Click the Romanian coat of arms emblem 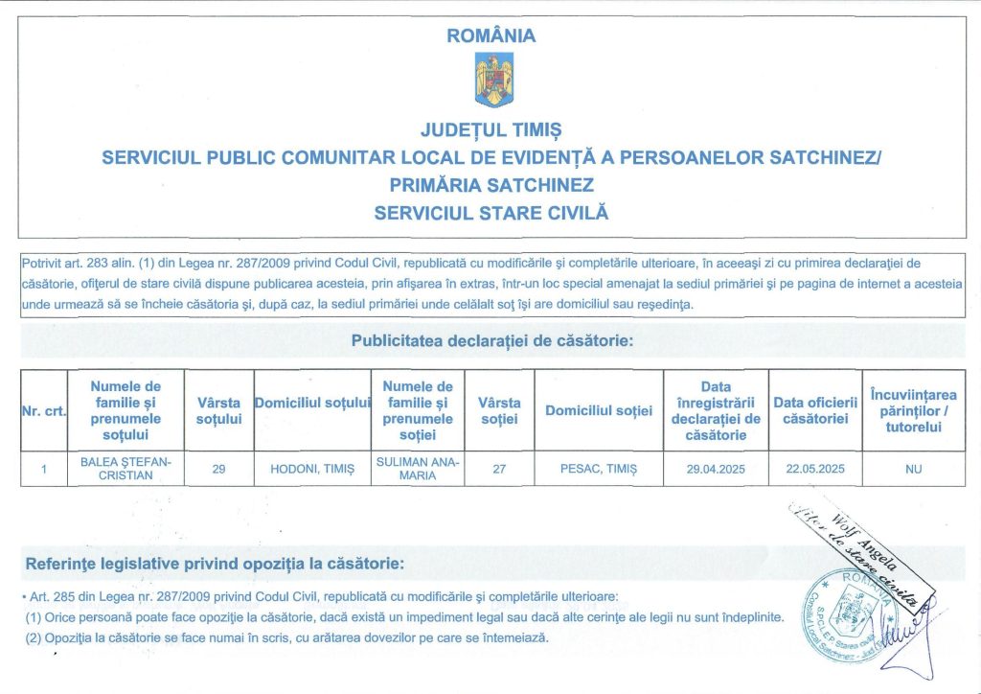click(x=493, y=80)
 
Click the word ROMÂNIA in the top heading click(x=491, y=36)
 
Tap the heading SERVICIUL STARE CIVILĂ click(x=491, y=211)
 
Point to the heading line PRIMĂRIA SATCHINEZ click(x=491, y=184)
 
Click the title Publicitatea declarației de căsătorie click(x=492, y=340)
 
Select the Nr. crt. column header click(x=43, y=411)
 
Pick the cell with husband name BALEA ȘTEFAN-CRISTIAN click(x=125, y=470)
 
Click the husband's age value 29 click(x=218, y=470)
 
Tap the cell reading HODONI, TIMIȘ click(x=312, y=470)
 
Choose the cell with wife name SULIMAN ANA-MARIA click(x=417, y=470)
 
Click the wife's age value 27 click(x=499, y=470)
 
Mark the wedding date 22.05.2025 click(x=814, y=470)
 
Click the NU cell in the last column click(x=912, y=470)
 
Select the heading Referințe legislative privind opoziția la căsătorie click(x=216, y=563)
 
